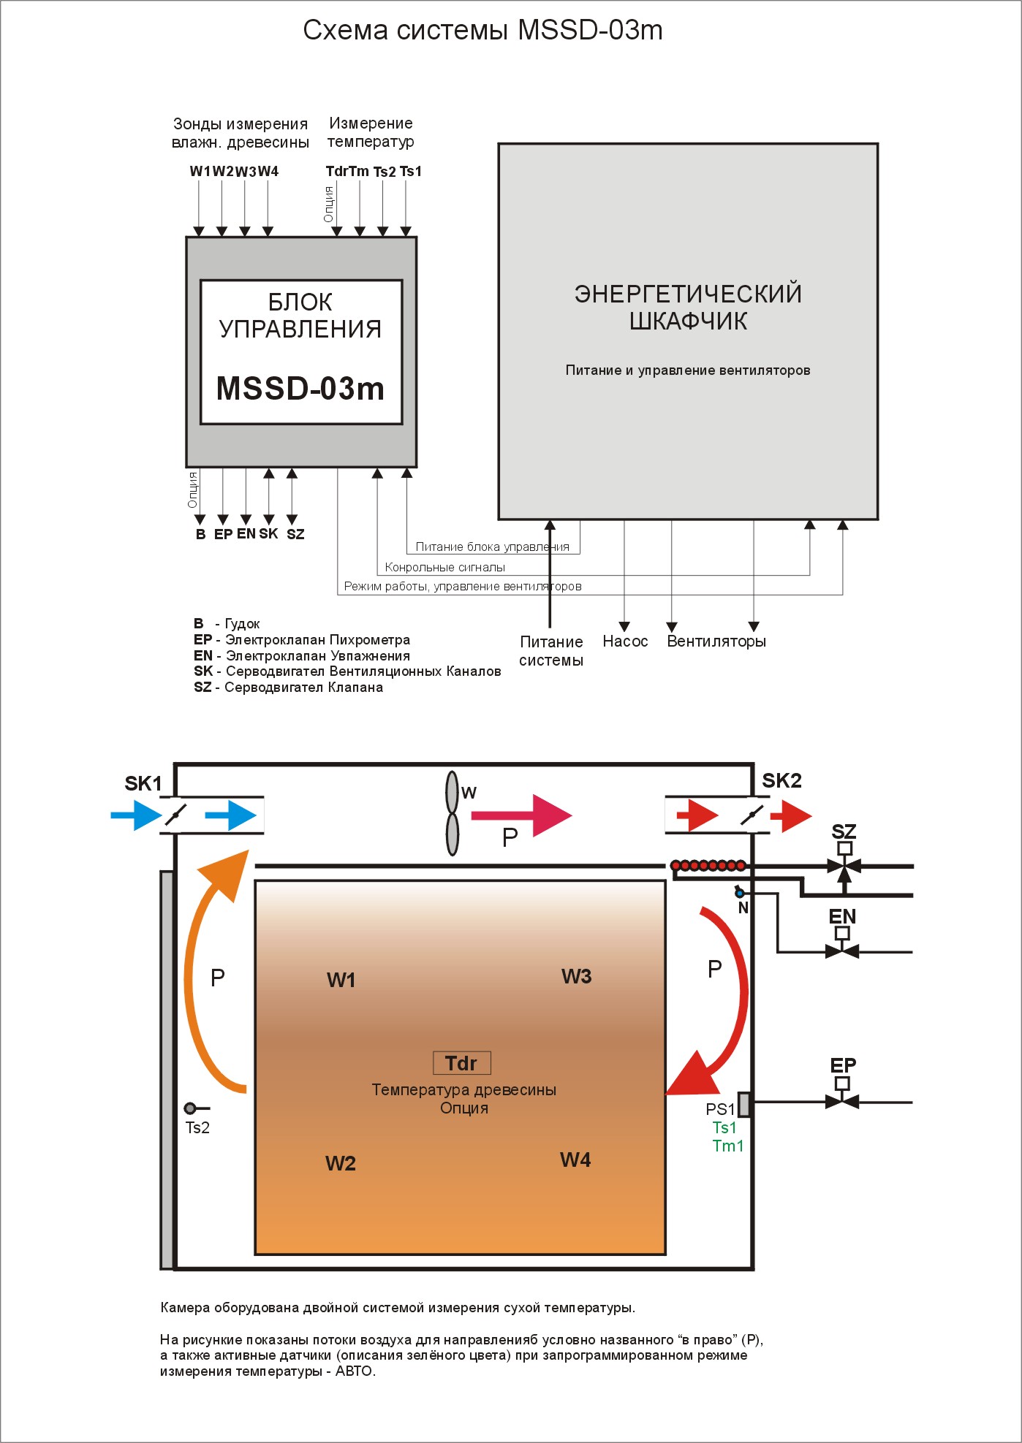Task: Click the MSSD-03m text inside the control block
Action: tap(300, 389)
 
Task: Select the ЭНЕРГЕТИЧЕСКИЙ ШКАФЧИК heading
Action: tap(688, 307)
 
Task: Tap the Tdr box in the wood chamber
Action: tap(461, 1063)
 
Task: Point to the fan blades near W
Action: tap(453, 813)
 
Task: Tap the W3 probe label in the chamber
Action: tap(576, 976)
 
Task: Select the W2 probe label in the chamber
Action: tap(341, 1163)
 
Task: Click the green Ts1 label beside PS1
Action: tap(724, 1127)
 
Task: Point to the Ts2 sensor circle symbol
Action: tap(190, 1108)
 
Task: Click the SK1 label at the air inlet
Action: tap(143, 784)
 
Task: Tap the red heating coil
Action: tap(708, 866)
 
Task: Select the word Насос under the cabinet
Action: tap(625, 641)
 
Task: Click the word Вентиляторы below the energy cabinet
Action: tap(716, 641)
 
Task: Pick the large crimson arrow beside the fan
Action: tap(521, 815)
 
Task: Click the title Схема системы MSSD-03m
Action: tap(482, 30)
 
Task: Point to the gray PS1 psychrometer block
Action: tap(744, 1103)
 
